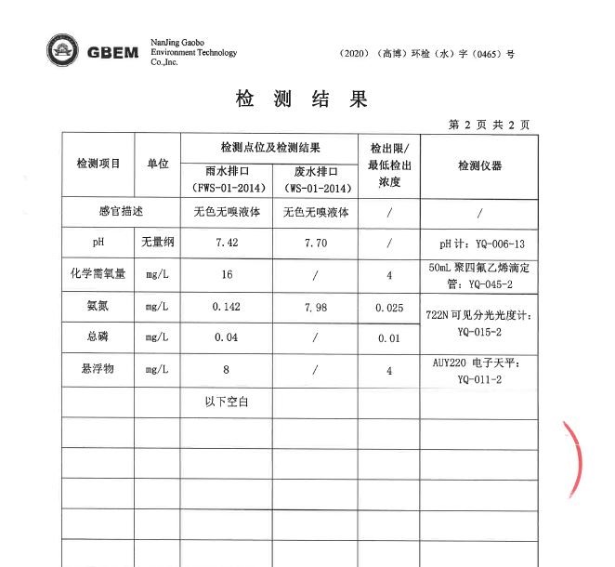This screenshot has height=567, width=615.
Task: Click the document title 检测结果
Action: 302,99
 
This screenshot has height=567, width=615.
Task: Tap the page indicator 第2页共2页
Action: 489,124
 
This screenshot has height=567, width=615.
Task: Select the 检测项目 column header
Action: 98,164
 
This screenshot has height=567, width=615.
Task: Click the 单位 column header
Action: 157,164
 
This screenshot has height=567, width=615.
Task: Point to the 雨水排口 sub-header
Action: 227,172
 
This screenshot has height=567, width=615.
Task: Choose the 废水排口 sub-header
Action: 316,172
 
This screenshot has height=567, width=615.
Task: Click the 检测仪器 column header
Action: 479,165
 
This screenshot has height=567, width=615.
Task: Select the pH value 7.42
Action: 227,243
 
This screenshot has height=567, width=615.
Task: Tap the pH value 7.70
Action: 317,243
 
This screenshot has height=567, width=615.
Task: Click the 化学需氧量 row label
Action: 98,274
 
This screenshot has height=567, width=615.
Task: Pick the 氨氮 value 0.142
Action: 227,307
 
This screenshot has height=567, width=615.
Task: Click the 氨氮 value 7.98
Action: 317,307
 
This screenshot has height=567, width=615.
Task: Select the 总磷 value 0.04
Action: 227,338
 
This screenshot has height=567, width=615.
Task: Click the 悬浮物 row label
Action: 98,370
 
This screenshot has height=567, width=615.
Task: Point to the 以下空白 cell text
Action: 227,402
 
